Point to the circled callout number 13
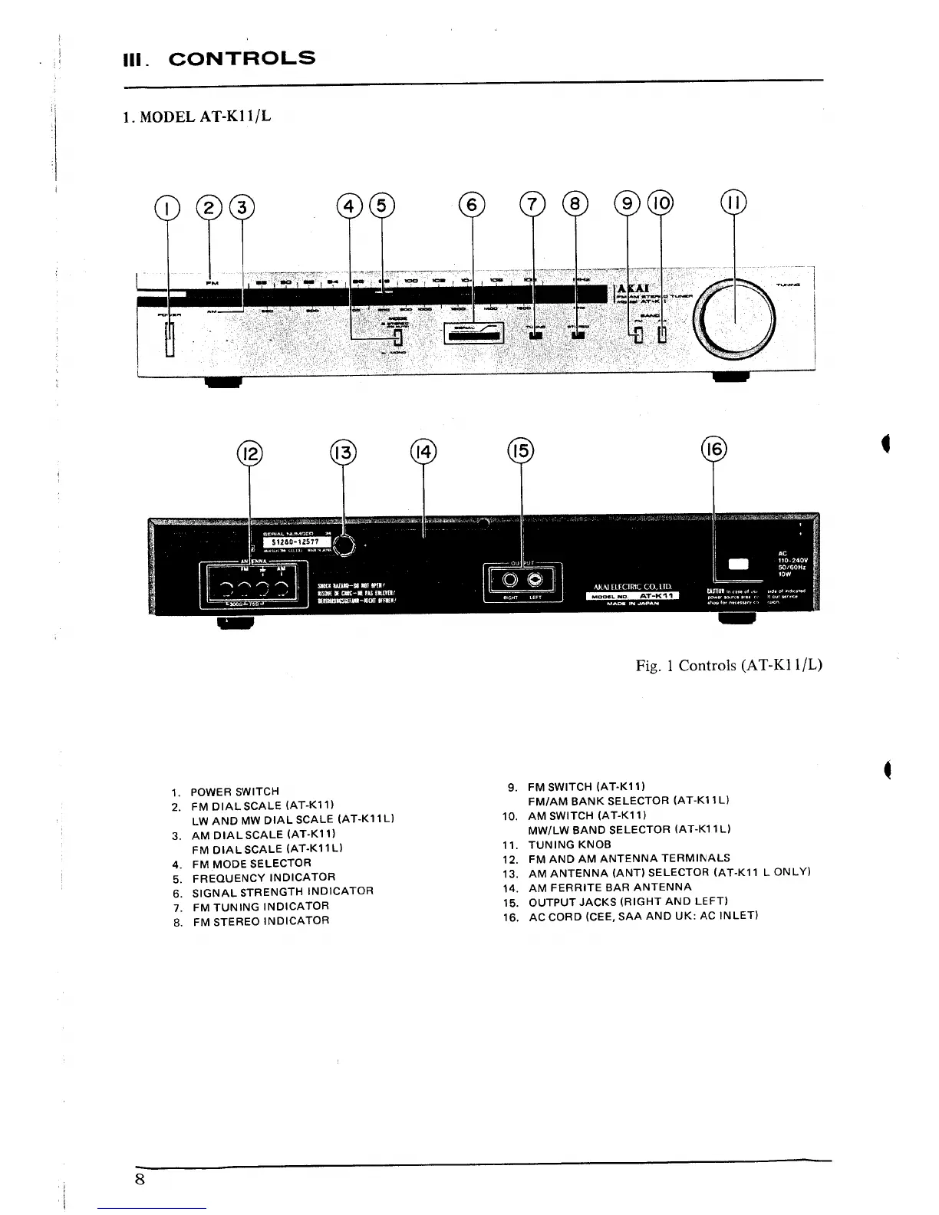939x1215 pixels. pos(343,453)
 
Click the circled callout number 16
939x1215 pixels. pos(713,450)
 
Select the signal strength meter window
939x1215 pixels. pos(473,333)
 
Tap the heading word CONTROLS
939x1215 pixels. pos(242,58)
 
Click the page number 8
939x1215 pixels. pos(140,1179)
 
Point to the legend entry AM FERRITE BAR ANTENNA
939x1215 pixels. pos(610,887)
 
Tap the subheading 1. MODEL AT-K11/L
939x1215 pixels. pos(196,117)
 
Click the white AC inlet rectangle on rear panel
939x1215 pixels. pos(738,565)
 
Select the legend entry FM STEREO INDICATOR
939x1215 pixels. pos(261,921)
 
